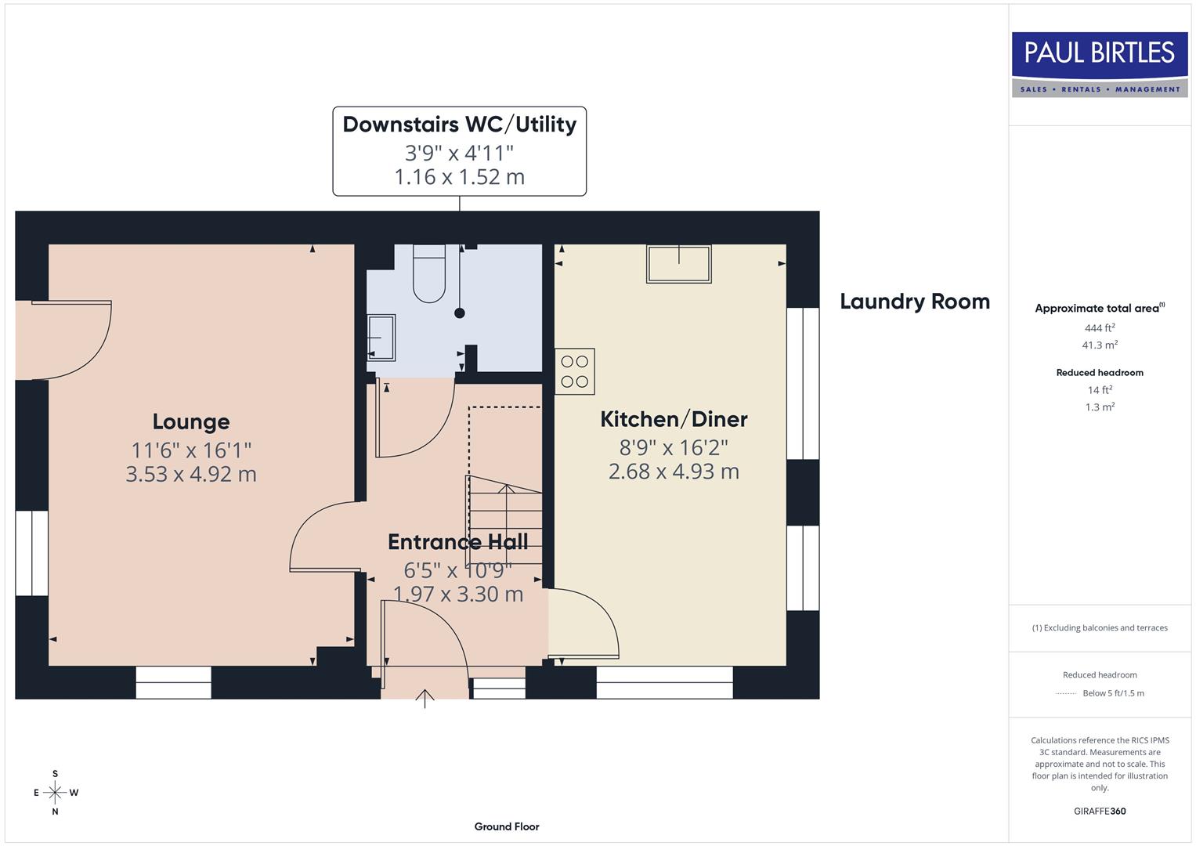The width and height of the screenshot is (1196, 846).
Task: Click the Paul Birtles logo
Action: coord(1100,64)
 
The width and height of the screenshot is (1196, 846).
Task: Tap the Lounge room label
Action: coord(191,421)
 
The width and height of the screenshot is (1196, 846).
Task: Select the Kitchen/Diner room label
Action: coord(674,419)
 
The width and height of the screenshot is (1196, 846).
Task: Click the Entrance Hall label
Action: coord(458,542)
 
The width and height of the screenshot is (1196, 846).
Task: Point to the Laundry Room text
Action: coord(915,302)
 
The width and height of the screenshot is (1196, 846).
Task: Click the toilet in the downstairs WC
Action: coord(428,274)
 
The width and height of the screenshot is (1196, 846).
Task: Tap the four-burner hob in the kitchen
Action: coord(575,371)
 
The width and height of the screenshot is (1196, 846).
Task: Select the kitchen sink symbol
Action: coord(678,263)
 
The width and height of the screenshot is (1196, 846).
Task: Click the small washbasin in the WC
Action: coord(381,337)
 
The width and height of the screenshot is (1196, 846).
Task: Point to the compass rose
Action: coord(55,793)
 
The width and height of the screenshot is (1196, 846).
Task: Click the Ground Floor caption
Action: coord(507,826)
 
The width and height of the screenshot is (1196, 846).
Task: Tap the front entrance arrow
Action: coord(425,698)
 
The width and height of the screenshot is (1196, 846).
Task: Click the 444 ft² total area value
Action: coord(1100,328)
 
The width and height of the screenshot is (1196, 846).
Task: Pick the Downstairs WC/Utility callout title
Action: coord(460,125)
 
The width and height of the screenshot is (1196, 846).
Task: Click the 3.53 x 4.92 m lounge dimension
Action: coord(191,474)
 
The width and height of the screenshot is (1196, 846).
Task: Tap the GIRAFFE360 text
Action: coord(1100,811)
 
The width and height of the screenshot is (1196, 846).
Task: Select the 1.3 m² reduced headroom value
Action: coord(1100,407)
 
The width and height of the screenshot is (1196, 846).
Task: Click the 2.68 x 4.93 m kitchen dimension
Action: coord(674,472)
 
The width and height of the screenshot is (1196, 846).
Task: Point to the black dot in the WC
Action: coord(460,313)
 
